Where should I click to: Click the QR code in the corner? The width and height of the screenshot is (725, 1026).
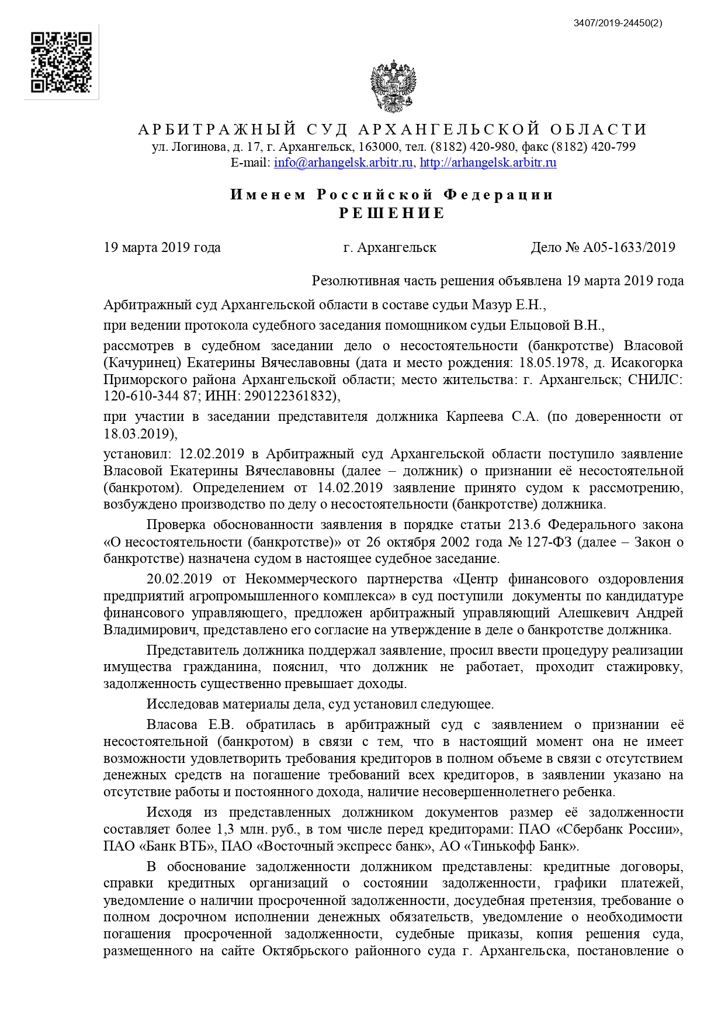click(61, 63)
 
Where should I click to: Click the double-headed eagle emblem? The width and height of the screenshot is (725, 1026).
click(393, 87)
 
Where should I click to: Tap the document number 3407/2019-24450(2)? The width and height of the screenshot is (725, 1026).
click(618, 23)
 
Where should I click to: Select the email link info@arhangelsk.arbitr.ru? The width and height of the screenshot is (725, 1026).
click(344, 163)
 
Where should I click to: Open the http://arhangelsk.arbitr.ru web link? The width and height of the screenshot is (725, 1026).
click(488, 163)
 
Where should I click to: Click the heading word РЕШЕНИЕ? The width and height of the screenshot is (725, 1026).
click(392, 213)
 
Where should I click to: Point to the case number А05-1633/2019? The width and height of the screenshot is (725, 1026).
click(629, 247)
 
